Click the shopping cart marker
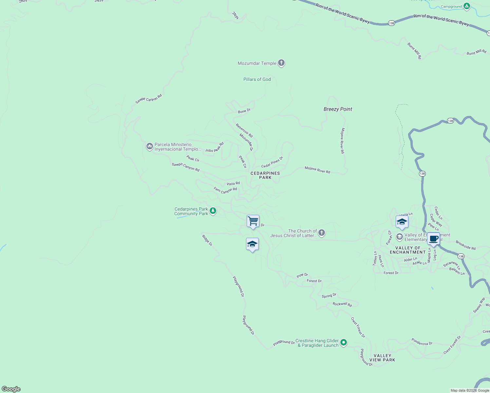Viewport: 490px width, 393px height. [x=253, y=221]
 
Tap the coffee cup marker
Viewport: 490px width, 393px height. [x=433, y=239]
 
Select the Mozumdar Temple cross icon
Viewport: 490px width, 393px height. [x=281, y=63]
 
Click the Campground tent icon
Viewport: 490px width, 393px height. [x=467, y=6]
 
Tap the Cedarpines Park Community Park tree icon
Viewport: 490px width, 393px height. [x=213, y=211]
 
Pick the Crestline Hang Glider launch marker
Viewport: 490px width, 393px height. [x=343, y=343]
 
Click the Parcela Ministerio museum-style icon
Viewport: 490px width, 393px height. [x=149, y=146]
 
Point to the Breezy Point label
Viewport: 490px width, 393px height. [x=338, y=109]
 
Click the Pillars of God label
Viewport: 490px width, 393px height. [x=257, y=79]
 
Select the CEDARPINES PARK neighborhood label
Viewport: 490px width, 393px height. [x=265, y=175]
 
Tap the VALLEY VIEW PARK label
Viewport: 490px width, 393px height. [x=382, y=358]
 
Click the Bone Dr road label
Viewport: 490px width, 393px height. [x=244, y=111]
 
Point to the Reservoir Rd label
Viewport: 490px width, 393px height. [x=244, y=130]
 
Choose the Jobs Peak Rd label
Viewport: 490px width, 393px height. [x=214, y=147]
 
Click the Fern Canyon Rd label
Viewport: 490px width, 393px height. [x=225, y=190]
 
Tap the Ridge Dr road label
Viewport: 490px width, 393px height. [x=207, y=240]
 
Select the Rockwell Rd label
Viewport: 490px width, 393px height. [x=342, y=304]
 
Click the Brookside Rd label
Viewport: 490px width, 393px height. [x=465, y=245]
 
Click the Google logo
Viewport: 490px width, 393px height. [x=11, y=389]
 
